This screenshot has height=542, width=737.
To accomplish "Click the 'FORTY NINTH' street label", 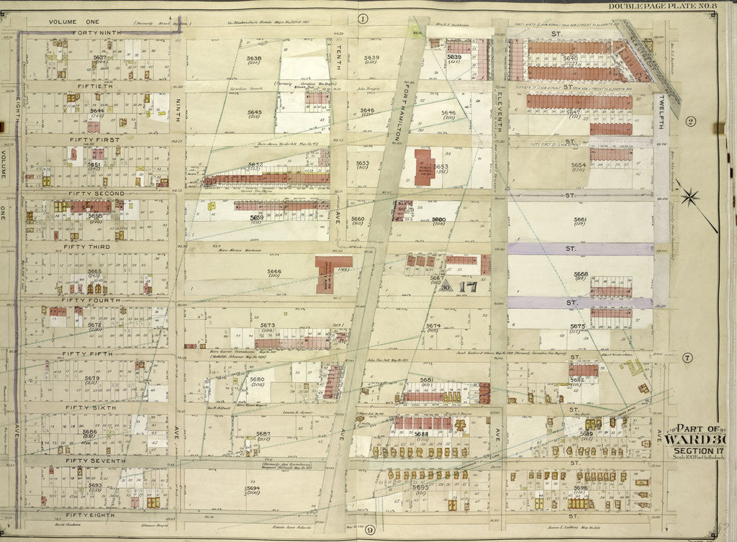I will [95, 34].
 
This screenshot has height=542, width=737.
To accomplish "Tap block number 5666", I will [254, 271].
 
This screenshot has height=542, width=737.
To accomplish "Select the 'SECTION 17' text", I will [695, 451].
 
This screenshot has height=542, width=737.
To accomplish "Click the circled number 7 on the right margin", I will [688, 358].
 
